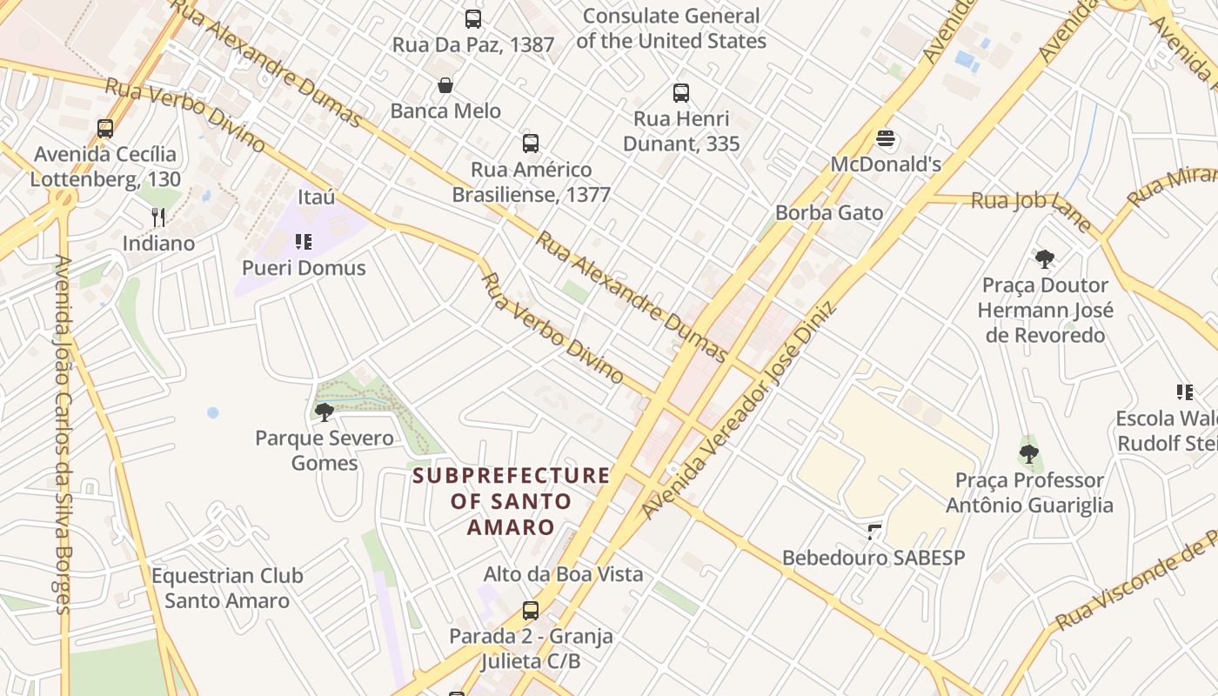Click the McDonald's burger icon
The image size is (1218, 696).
pyautogui.click(x=886, y=138)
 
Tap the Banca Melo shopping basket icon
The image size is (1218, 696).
pyautogui.click(x=445, y=85)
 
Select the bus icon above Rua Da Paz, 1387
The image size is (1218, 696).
pyautogui.click(x=473, y=18)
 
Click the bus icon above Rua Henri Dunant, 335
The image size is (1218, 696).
pyautogui.click(x=681, y=92)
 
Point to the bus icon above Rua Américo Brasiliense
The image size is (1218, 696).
pyautogui.click(x=531, y=143)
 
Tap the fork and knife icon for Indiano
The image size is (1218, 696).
pyautogui.click(x=158, y=217)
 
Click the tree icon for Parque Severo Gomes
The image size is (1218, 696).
pyautogui.click(x=325, y=412)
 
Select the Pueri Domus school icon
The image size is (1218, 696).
pyautogui.click(x=304, y=241)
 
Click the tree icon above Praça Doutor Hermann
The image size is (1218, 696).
pyautogui.click(x=1045, y=258)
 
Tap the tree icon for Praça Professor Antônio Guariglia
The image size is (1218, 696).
pyautogui.click(x=1029, y=453)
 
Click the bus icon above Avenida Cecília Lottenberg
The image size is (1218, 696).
pyautogui.click(x=105, y=128)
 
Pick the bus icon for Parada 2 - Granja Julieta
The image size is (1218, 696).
pyautogui.click(x=531, y=610)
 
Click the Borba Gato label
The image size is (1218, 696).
pyautogui.click(x=828, y=212)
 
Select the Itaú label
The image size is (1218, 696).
pyautogui.click(x=316, y=197)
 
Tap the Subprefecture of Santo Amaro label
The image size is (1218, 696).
pyautogui.click(x=511, y=501)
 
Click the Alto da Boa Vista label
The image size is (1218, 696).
pyautogui.click(x=563, y=574)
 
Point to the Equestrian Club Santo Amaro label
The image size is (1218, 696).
pyautogui.click(x=227, y=588)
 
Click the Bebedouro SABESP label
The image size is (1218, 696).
pyautogui.click(x=873, y=558)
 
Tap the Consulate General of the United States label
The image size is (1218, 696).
pyautogui.click(x=671, y=28)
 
